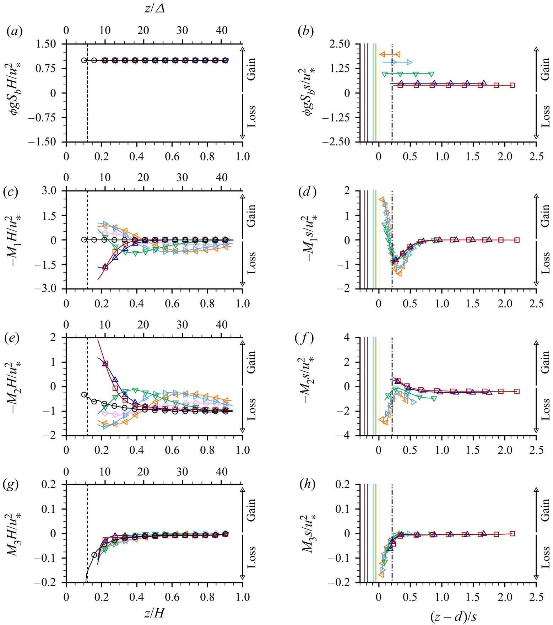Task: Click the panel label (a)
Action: [x=15, y=32]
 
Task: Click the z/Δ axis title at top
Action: [x=154, y=9]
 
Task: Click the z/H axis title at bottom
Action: [x=154, y=613]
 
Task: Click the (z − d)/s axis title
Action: [x=453, y=616]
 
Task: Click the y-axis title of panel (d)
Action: [x=311, y=240]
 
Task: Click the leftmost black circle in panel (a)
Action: [x=84, y=60]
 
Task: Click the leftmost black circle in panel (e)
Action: [x=84, y=394]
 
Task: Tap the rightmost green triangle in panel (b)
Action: [x=431, y=74]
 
